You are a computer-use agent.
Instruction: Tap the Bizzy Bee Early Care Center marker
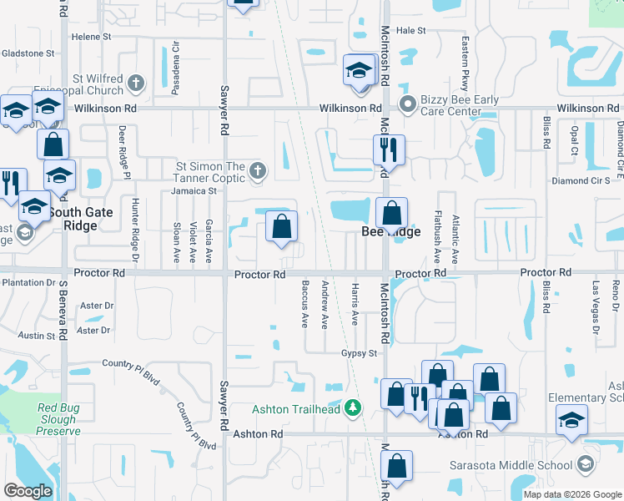[x=408, y=105]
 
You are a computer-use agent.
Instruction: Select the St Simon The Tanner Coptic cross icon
[x=258, y=172]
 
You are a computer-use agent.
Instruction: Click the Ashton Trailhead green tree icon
[x=355, y=408]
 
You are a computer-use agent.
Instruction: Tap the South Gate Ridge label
[x=86, y=219]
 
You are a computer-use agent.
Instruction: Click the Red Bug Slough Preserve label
[x=58, y=419]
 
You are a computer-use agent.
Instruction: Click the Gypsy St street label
[x=360, y=353]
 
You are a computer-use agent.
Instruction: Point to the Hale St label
[x=410, y=30]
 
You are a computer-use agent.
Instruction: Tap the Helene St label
[x=91, y=37]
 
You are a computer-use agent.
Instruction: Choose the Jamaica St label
[x=195, y=190]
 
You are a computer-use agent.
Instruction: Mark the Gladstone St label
[x=28, y=53]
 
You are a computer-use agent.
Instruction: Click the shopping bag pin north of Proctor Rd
[x=282, y=226]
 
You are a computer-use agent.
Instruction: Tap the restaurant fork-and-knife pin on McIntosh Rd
[x=389, y=150]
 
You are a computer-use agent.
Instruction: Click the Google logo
[x=28, y=491]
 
